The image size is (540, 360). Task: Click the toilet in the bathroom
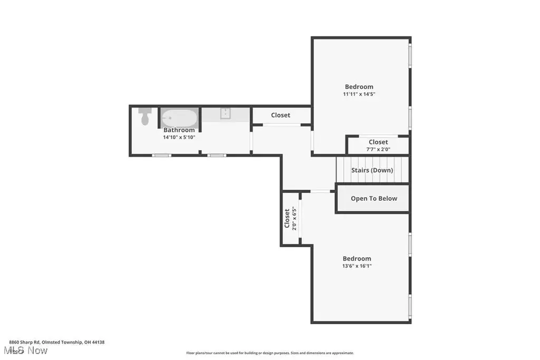(x=145, y=116)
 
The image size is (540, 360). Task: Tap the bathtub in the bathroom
(x=179, y=118)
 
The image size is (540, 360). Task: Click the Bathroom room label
(x=179, y=130)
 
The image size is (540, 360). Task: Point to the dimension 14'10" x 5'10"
(x=179, y=138)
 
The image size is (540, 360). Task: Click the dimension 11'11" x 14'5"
(x=359, y=94)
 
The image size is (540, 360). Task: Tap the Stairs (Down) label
(x=372, y=170)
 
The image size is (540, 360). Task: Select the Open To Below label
(x=374, y=199)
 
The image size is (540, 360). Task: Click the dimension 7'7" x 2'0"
(x=378, y=149)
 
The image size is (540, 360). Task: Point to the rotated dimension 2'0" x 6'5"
(x=294, y=219)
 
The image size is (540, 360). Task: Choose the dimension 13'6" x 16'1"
(x=357, y=266)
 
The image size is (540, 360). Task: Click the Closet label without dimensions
(x=281, y=115)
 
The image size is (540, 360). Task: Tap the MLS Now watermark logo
(x=25, y=351)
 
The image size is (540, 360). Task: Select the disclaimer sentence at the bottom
(x=270, y=353)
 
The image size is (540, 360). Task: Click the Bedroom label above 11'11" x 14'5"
(x=359, y=87)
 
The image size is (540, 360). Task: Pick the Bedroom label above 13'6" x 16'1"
(x=357, y=258)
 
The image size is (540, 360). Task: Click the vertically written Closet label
(x=287, y=219)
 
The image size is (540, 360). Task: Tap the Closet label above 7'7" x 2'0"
(x=378, y=142)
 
